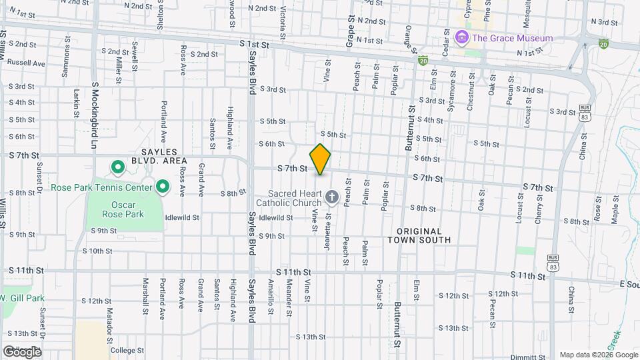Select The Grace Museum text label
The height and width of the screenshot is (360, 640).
[x=512, y=38]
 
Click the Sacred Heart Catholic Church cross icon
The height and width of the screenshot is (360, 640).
[x=331, y=197]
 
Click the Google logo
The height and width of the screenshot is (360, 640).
[x=22, y=351]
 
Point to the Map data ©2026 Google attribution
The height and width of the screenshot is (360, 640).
[x=599, y=355]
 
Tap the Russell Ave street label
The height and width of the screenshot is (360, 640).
[x=26, y=64]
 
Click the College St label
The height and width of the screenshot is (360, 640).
[x=127, y=350]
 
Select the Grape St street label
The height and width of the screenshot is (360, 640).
[x=349, y=33]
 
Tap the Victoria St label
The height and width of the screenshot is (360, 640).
[x=283, y=20]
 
